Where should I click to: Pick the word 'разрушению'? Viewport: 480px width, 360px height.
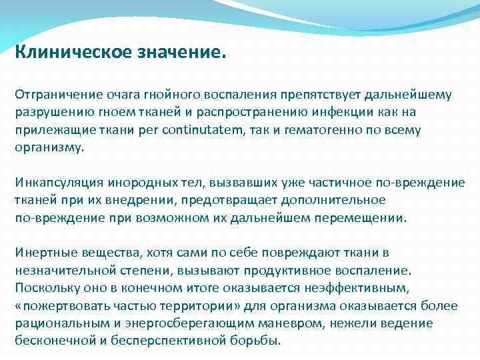[51, 113]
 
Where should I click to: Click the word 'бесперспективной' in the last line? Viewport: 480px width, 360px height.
[163, 340]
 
